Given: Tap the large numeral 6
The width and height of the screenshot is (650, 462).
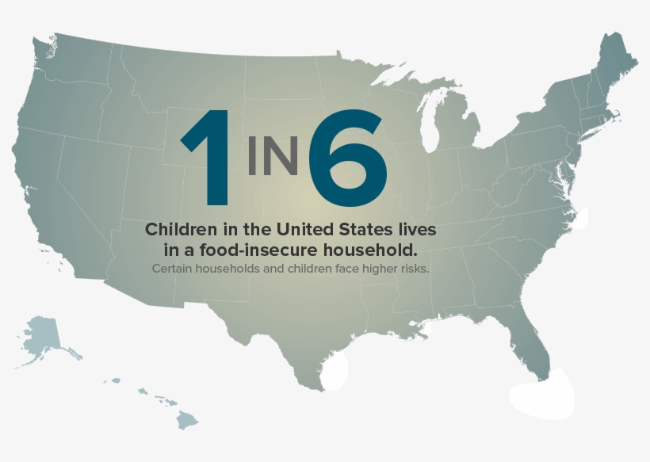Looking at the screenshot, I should click(x=348, y=158).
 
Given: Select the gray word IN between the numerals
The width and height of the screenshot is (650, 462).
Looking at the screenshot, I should click(x=273, y=155).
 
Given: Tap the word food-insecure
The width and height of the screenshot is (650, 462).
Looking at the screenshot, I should click(x=256, y=250).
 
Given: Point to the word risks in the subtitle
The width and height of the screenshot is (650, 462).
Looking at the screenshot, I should click(x=412, y=269).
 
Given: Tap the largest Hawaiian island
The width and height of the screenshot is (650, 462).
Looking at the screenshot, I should click(x=186, y=418).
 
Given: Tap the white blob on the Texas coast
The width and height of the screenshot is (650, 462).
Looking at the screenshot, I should click(x=336, y=368).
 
